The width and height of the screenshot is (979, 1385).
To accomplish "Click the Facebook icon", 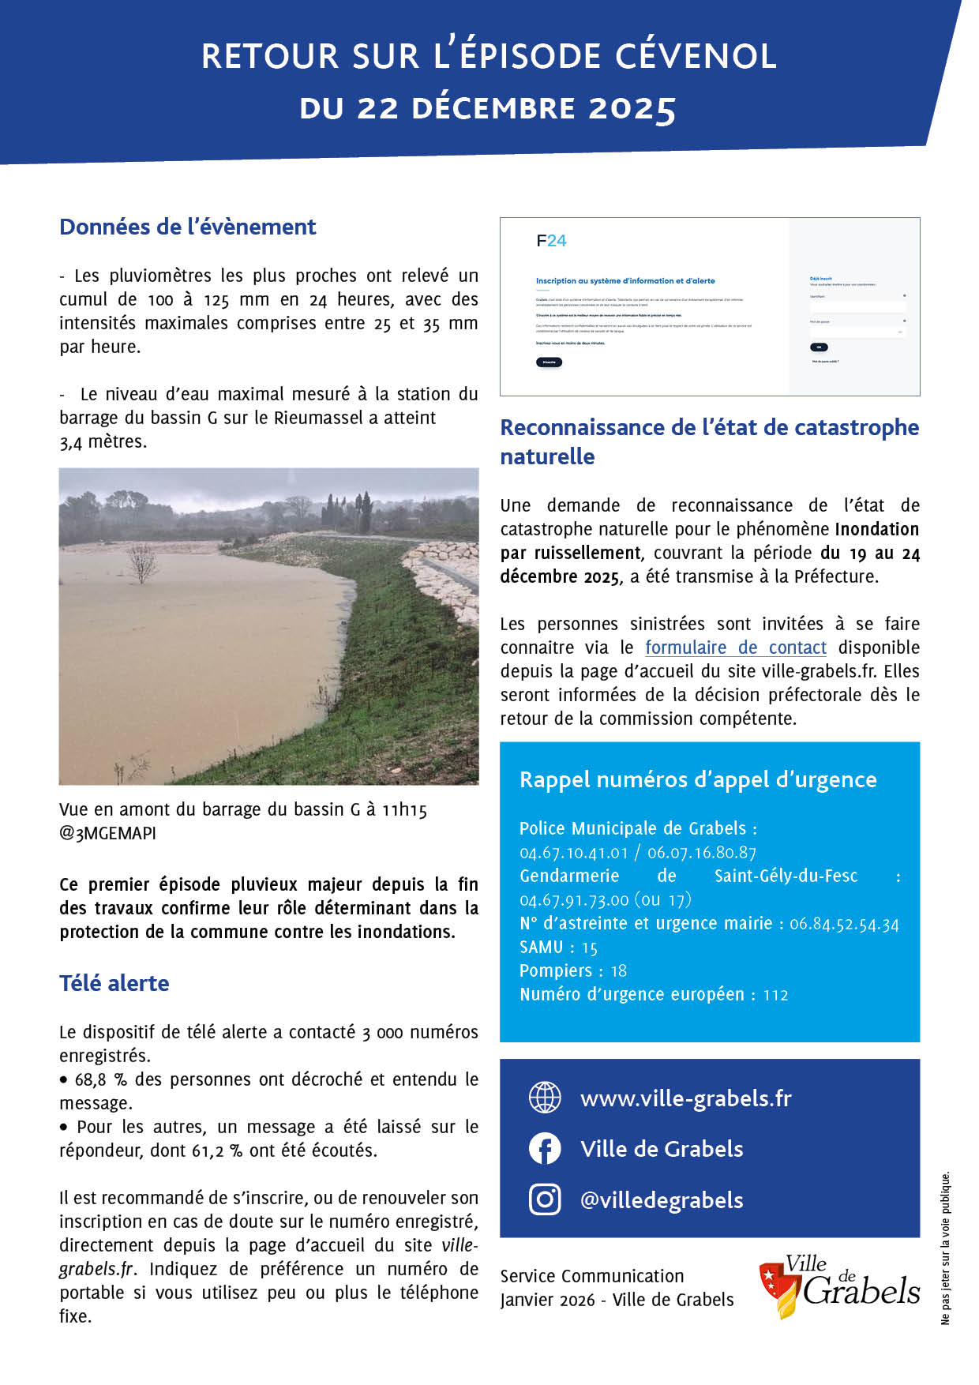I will [545, 1149].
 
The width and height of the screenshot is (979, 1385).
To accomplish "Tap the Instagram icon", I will [545, 1199].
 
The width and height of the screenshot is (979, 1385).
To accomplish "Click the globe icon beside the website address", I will [545, 1098].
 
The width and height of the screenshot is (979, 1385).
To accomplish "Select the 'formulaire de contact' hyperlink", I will [735, 647].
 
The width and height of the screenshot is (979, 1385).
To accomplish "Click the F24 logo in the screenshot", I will [551, 241].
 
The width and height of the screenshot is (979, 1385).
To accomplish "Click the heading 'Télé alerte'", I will [114, 983].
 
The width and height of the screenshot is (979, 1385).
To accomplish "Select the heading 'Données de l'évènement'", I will [188, 227].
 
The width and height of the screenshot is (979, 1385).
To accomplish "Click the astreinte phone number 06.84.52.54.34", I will [844, 924].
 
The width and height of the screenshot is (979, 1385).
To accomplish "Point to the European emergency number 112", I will [775, 995].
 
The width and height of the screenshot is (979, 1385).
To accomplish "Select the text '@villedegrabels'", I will [662, 1200].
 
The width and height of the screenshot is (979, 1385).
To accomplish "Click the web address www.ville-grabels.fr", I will [685, 1098].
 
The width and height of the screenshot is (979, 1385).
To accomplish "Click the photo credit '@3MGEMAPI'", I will [107, 833].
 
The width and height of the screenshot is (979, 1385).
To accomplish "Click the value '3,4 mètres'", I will [103, 441].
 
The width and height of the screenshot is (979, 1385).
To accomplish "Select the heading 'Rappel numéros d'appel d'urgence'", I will [698, 779].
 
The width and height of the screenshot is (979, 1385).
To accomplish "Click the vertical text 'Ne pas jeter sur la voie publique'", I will [945, 1248].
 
